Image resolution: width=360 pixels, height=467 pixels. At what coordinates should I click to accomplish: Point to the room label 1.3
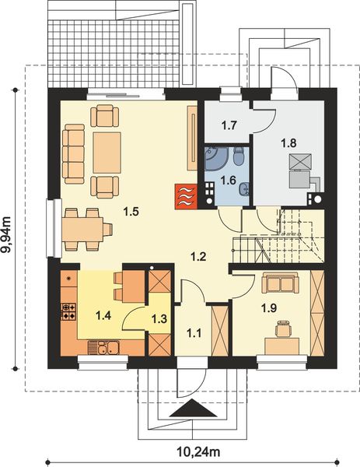(x=159, y=318)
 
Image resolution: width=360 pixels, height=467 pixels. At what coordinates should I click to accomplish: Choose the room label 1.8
(x=289, y=142)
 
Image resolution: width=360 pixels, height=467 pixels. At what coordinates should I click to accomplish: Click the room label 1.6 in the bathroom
(x=228, y=180)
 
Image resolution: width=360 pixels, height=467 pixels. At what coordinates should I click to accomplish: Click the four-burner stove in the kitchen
(x=68, y=312)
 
